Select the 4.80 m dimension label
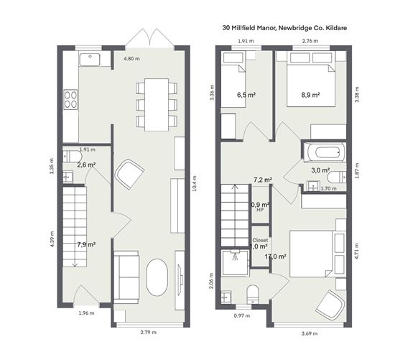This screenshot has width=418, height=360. [x=132, y=57]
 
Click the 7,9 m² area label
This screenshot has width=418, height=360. [x=86, y=244]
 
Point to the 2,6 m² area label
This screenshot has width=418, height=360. [x=86, y=165]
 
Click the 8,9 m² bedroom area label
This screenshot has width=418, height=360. [x=310, y=94]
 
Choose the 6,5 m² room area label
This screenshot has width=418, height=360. [x=246, y=94]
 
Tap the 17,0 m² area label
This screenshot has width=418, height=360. [x=276, y=256]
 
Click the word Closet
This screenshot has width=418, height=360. [x=260, y=241]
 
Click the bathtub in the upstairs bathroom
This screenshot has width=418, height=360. [x=324, y=152]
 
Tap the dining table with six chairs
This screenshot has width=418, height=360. [x=157, y=104]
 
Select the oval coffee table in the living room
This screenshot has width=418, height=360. [x=157, y=277]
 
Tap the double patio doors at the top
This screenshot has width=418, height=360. [x=140, y=38]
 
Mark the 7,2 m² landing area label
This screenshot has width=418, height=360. [x=262, y=180]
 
